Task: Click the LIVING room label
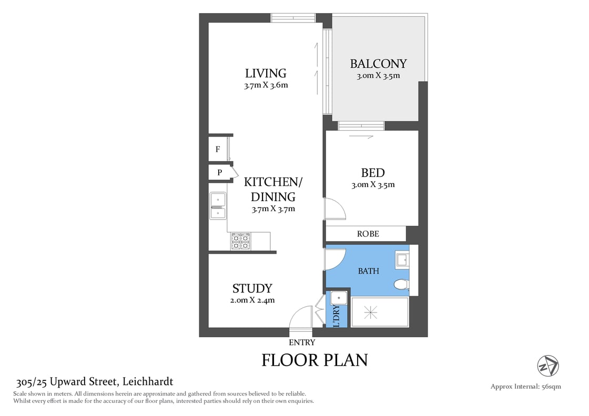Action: coord(266,73)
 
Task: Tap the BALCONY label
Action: coord(378,64)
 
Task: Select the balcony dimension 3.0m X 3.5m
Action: coord(378,76)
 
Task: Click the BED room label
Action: coord(372,173)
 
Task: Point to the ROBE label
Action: coord(368,234)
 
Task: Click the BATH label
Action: coord(368,271)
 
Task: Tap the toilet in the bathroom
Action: coord(401,285)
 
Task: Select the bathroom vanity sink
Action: coord(402,259)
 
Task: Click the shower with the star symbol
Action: coord(371,313)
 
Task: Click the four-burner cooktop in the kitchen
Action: coord(240,242)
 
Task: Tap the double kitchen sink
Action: coord(217,206)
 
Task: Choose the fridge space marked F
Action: coord(218,150)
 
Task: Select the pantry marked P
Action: coord(219,172)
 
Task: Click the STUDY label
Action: coord(252,288)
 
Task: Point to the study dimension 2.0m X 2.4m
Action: coord(252,300)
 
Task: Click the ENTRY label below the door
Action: coord(302,342)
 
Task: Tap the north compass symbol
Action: coord(548,366)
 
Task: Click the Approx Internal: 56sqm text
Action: coord(525,387)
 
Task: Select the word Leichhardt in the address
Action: coord(148,382)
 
